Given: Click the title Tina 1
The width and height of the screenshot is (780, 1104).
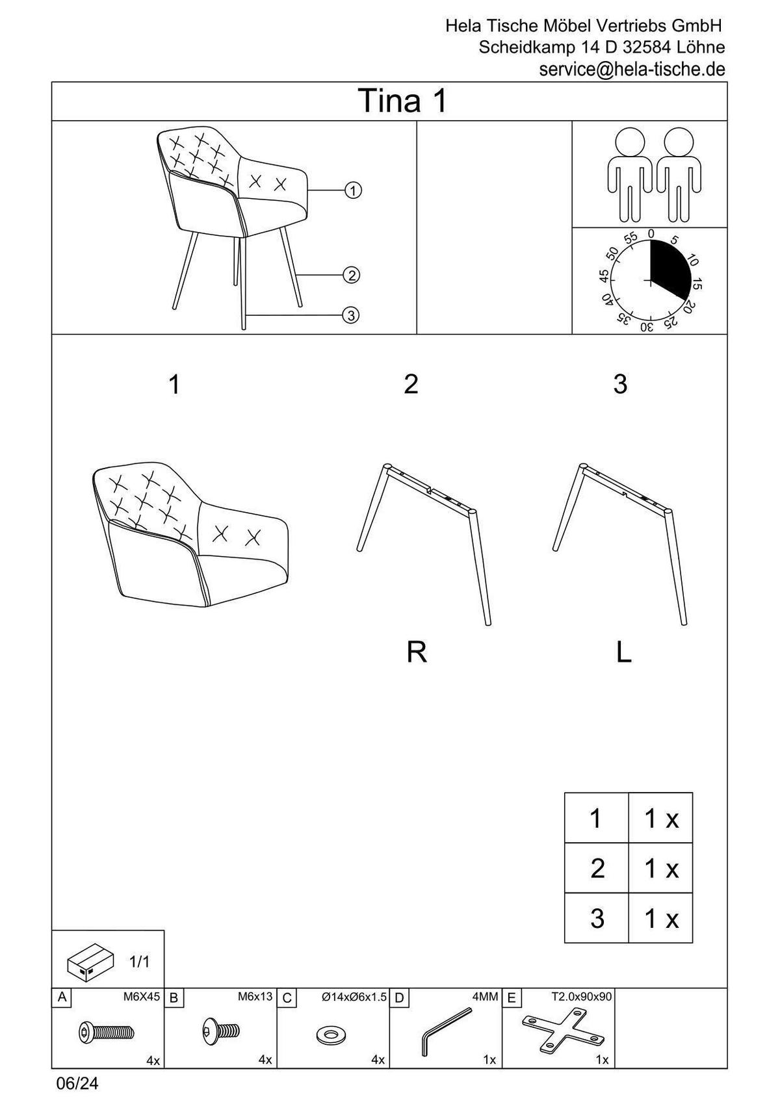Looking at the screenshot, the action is pyautogui.click(x=404, y=101).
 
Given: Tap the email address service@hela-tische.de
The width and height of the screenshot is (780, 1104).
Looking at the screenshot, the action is pyautogui.click(x=632, y=70).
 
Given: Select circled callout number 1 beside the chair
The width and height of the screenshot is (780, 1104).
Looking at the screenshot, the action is pyautogui.click(x=353, y=190).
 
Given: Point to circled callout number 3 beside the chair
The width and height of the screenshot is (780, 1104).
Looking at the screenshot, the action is pyautogui.click(x=350, y=315).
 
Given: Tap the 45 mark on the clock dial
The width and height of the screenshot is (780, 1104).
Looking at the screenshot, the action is pyautogui.click(x=604, y=276).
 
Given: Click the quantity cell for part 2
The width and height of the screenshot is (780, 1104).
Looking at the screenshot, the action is pyautogui.click(x=660, y=868).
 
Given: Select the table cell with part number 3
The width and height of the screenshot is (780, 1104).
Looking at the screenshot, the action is pyautogui.click(x=597, y=918).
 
